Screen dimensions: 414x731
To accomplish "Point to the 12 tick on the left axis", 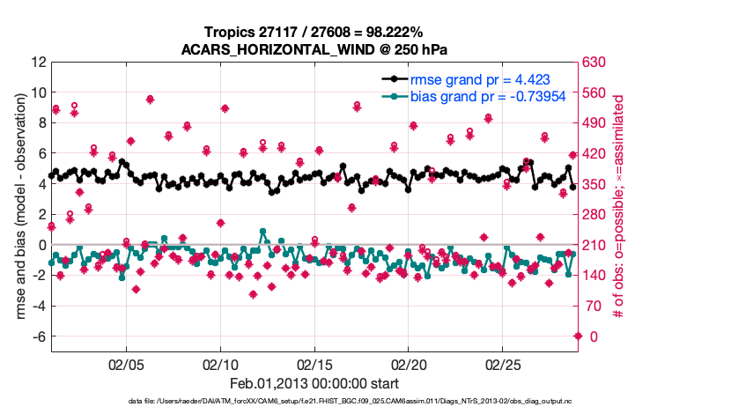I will pyautogui.click(x=38, y=62).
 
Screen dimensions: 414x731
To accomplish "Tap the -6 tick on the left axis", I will pyautogui.click(x=38, y=336).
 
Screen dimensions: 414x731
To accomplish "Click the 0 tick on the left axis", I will pyautogui.click(x=42, y=245).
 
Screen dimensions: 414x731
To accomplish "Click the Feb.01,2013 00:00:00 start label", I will pyautogui.click(x=314, y=383).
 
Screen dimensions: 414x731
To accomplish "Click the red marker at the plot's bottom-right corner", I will pyautogui.click(x=578, y=336).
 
